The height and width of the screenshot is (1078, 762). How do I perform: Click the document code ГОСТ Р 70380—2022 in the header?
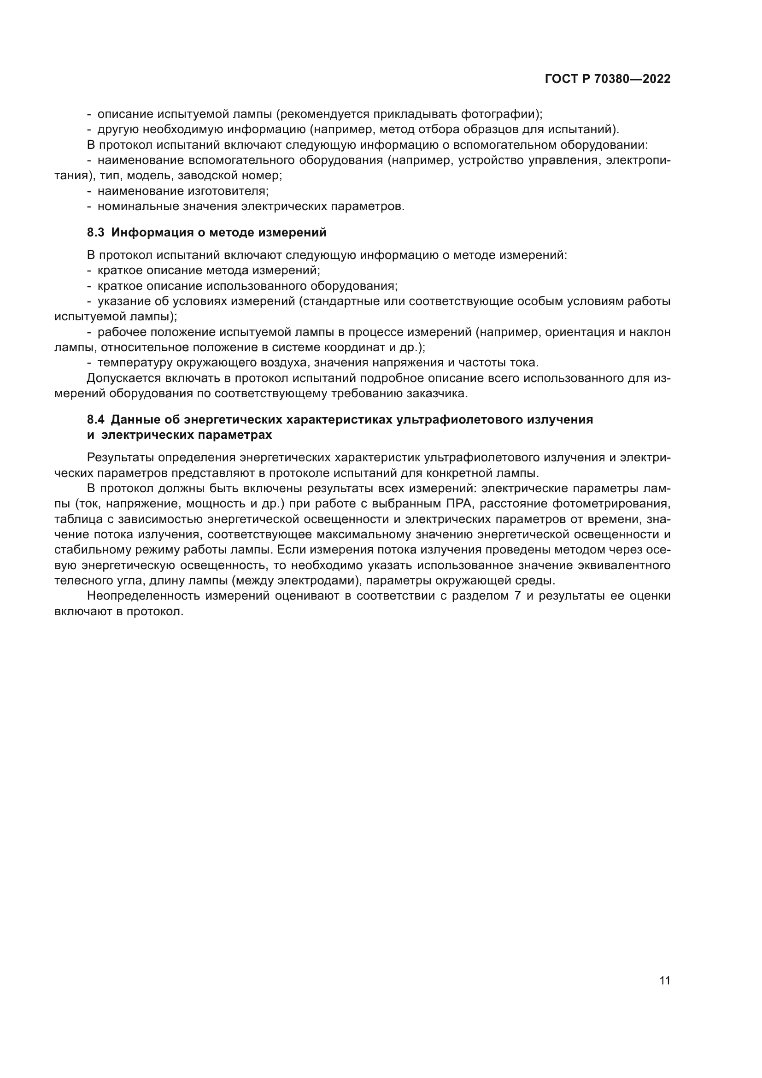pos(608,79)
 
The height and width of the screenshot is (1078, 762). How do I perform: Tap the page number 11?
pos(664,980)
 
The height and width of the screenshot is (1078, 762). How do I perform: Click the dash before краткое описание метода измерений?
pos(89,271)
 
